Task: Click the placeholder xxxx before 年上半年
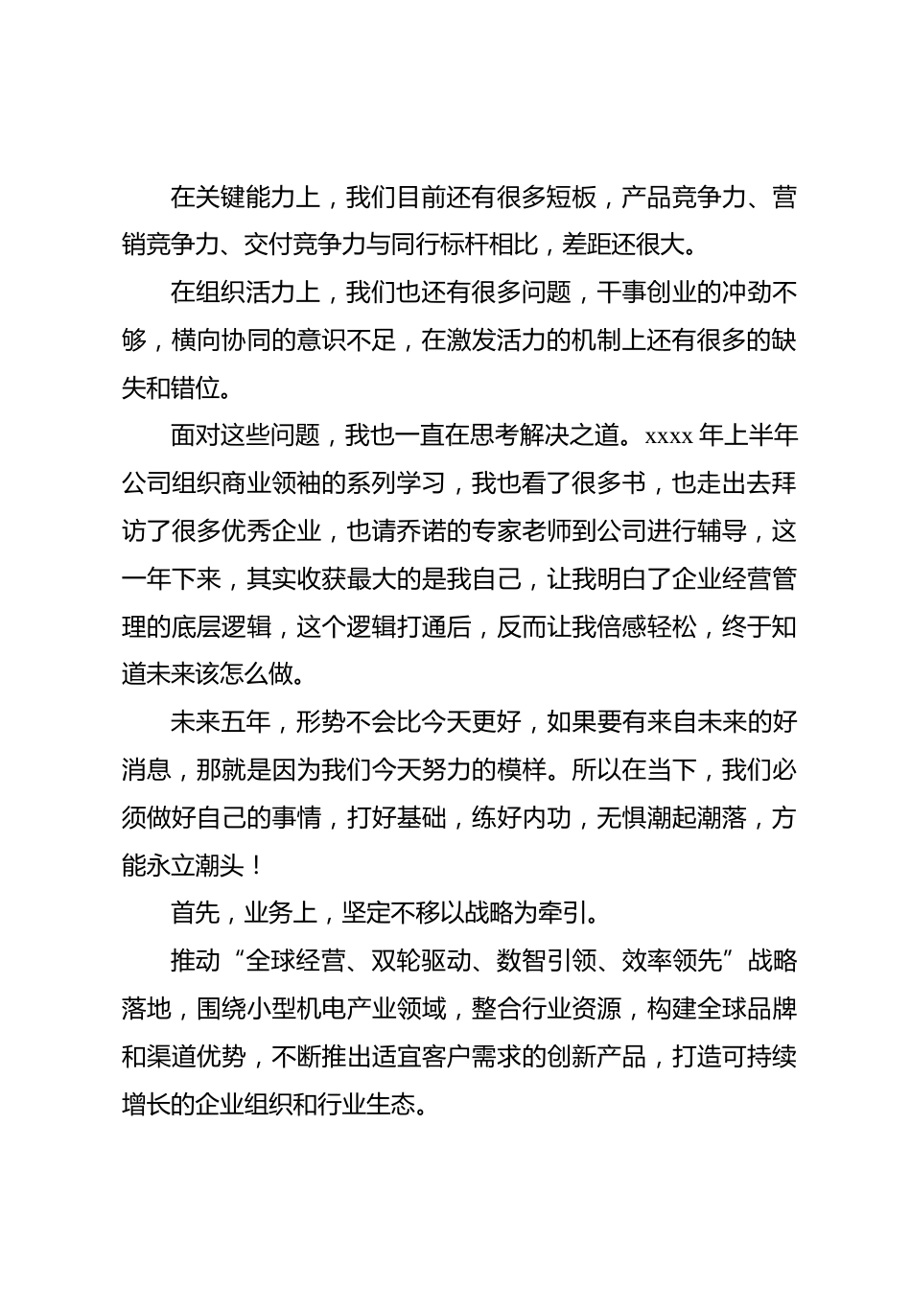pyautogui.click(x=668, y=436)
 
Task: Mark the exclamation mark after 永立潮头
pyautogui.click(x=254, y=865)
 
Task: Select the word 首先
pyautogui.click(x=196, y=912)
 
